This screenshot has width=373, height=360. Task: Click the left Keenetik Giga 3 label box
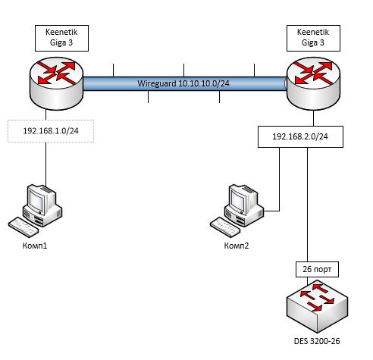coord(61,38)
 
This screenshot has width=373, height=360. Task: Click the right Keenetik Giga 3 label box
coord(313,38)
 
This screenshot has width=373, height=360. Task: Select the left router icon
coord(56,83)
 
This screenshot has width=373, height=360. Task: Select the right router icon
coord(313,83)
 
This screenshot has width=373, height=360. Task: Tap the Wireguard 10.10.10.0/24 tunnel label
coord(183,83)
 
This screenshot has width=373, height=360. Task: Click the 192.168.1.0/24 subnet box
coord(51,131)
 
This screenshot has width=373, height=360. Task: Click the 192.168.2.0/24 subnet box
coord(300,136)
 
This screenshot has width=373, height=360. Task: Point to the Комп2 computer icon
coord(237,211)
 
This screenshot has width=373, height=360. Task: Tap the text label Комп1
coord(35,246)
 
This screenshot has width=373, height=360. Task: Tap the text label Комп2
coord(237,246)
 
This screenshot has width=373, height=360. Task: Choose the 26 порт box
coord(317,269)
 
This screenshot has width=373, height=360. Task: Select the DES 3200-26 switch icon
coord(318,306)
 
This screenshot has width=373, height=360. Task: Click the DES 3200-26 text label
coord(317,341)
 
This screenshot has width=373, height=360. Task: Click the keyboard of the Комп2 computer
coord(225,227)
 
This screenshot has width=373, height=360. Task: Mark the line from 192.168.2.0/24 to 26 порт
coord(308,205)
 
